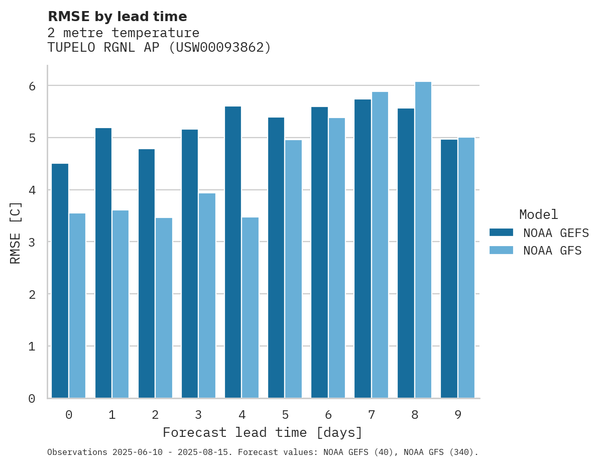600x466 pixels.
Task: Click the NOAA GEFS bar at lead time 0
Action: click(60, 281)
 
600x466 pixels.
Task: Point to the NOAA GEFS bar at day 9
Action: click(449, 269)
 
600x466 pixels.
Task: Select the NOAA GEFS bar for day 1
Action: click(103, 263)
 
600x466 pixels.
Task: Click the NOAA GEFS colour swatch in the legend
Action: click(501, 232)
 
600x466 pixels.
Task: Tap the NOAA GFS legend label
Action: click(552, 251)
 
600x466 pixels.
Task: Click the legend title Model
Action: click(538, 214)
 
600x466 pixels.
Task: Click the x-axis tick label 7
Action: click(372, 415)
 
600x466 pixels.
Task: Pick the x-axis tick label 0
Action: click(68, 415)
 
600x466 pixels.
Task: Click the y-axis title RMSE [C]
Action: click(16, 232)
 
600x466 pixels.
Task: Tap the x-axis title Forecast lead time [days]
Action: click(262, 432)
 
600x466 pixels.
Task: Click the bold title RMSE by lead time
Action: click(117, 17)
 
